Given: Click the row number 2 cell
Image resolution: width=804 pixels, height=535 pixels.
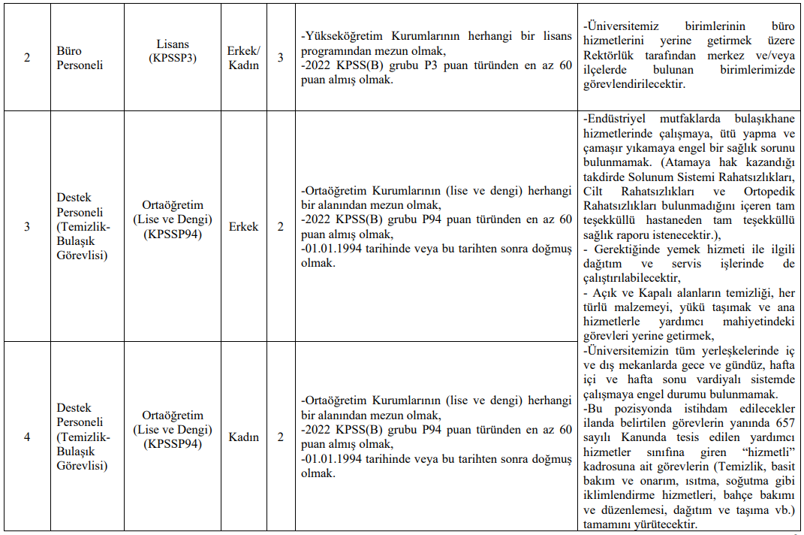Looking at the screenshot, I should (x=27, y=58).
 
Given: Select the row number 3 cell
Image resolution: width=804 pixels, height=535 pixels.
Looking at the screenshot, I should (x=27, y=226).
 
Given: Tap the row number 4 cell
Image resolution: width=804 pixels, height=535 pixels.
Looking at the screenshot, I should (x=27, y=437).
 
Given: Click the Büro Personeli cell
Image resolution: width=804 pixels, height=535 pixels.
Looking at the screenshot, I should (x=80, y=58).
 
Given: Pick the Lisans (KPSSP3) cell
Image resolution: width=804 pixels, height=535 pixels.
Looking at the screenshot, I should (x=173, y=51).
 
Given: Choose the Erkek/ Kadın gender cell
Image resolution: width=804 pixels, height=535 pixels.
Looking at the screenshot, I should (x=243, y=58).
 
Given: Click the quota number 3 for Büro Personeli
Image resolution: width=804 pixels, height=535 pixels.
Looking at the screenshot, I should (x=281, y=58).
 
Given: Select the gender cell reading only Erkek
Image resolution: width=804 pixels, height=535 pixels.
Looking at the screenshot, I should (x=243, y=226).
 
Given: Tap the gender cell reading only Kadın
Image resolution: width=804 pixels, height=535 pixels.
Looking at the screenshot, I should (x=243, y=437).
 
